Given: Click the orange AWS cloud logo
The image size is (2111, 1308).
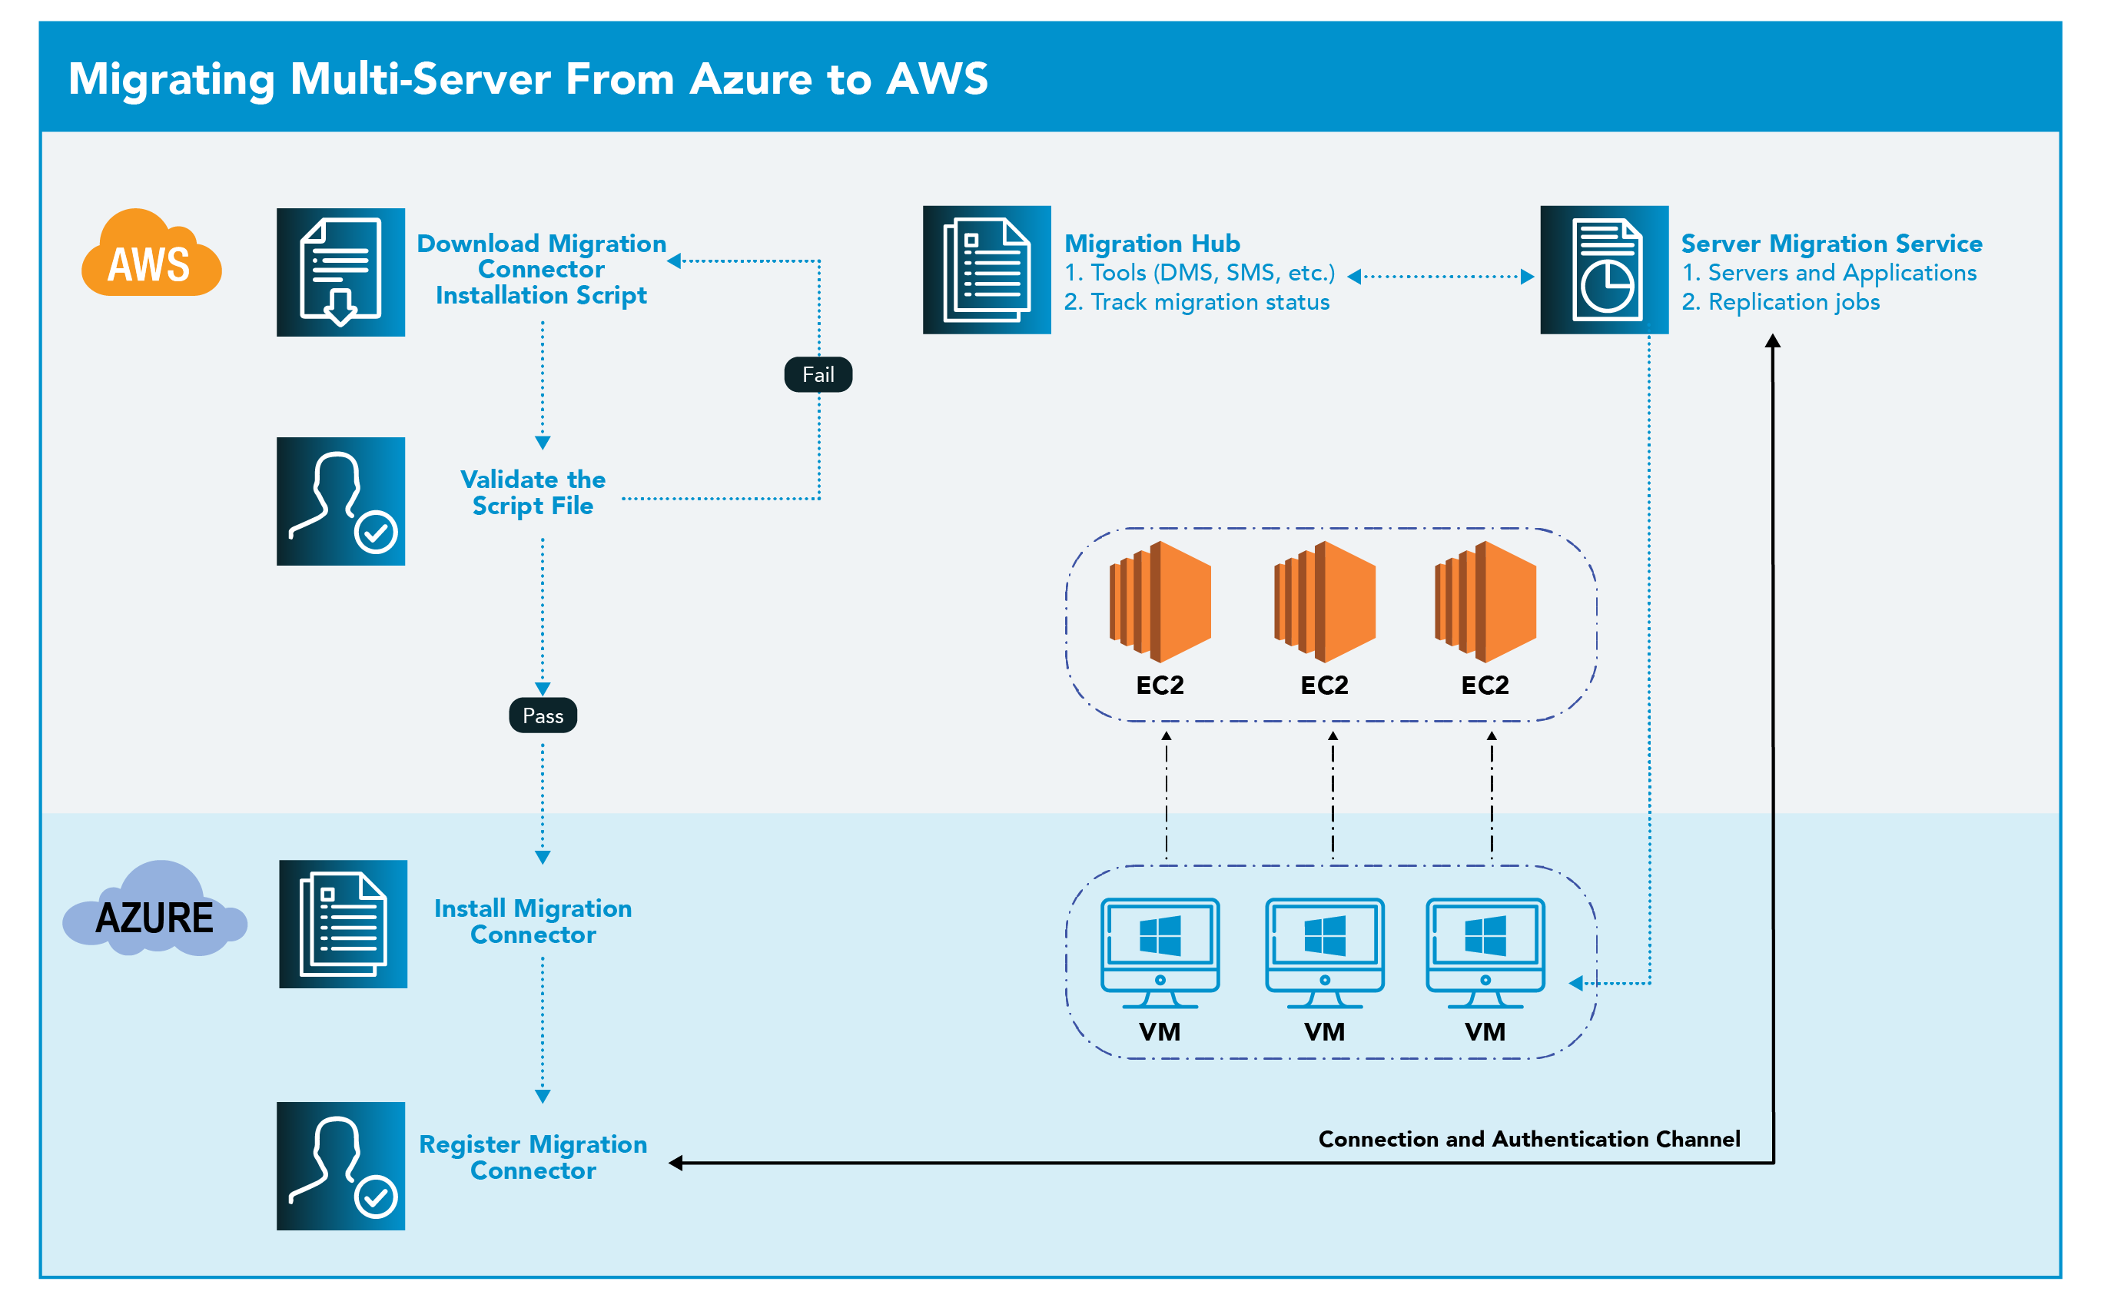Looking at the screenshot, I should [151, 255].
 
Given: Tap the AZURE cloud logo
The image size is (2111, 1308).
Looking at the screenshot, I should [154, 913].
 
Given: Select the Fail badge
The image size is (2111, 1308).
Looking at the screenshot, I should [817, 374].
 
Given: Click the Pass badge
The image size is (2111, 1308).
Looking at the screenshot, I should [543, 715].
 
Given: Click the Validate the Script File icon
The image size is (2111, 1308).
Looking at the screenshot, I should [340, 501].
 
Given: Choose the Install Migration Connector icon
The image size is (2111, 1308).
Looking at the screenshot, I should [343, 924].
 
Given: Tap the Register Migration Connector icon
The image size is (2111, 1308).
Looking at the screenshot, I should [340, 1165].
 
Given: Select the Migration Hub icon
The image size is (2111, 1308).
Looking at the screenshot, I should [986, 270].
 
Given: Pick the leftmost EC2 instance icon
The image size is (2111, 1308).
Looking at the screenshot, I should [1160, 601].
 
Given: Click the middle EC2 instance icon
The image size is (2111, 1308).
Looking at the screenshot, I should [1324, 601].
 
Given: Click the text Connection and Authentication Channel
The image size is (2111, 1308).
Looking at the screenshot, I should [1528, 1138].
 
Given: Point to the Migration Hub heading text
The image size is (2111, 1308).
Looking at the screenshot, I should [1151, 243].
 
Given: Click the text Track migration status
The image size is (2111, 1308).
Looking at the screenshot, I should [1209, 302].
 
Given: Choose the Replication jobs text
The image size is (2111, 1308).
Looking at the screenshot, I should [1793, 302].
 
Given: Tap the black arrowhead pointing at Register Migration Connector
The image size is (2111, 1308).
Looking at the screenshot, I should [676, 1163].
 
